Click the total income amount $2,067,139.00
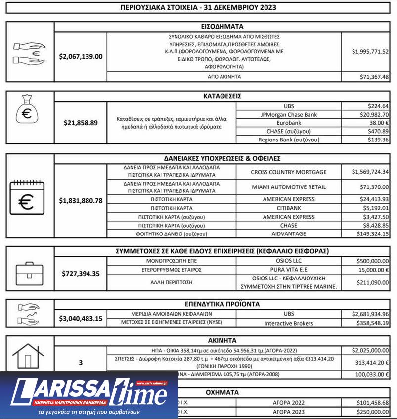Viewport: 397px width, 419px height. coord(81,56)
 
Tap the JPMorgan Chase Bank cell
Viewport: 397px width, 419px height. coord(289,115)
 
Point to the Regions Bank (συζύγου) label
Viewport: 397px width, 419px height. coord(289,140)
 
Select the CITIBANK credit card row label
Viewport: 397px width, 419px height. coord(289,208)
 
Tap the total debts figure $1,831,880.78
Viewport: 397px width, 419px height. coord(81,200)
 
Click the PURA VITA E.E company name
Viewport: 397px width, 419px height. coord(289,271)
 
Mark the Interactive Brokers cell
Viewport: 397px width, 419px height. coord(289,323)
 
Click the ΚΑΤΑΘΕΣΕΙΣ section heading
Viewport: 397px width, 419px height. coord(222,96)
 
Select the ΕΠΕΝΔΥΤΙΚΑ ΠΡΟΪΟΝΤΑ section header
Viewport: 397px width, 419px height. coord(222,304)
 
